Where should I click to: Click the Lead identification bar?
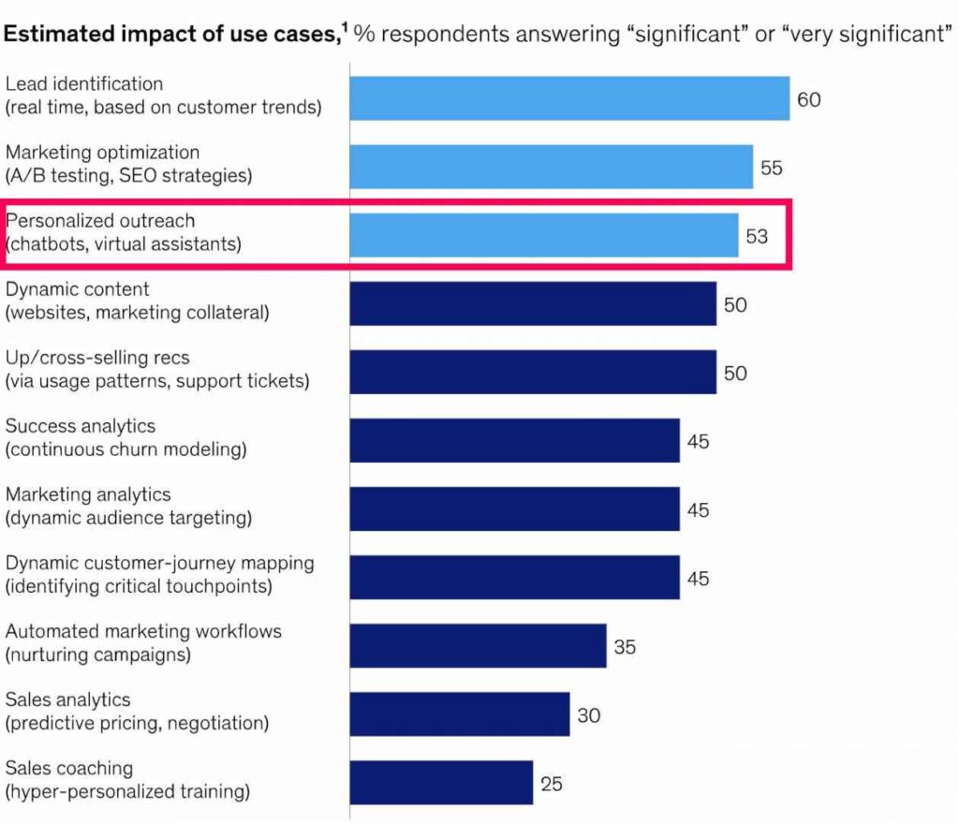[x=569, y=98]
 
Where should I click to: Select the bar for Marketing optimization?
[x=551, y=167]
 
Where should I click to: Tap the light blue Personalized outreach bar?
[x=543, y=235]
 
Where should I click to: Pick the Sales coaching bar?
[x=441, y=783]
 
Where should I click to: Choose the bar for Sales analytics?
[x=459, y=714]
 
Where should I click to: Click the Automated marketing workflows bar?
[x=478, y=646]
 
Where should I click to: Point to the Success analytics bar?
[x=514, y=440]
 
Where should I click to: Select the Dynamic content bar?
[x=533, y=304]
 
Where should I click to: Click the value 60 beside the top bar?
[x=808, y=98]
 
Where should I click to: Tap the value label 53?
[x=757, y=236]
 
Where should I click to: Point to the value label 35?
[x=625, y=646]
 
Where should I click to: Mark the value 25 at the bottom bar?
[x=552, y=783]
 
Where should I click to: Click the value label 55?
[x=772, y=168]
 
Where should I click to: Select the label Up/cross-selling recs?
[x=97, y=359]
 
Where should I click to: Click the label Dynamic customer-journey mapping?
[x=159, y=564]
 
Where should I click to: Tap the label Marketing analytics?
[x=89, y=495]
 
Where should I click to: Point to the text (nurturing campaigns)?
[x=98, y=655]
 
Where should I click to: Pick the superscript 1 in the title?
[x=344, y=28]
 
